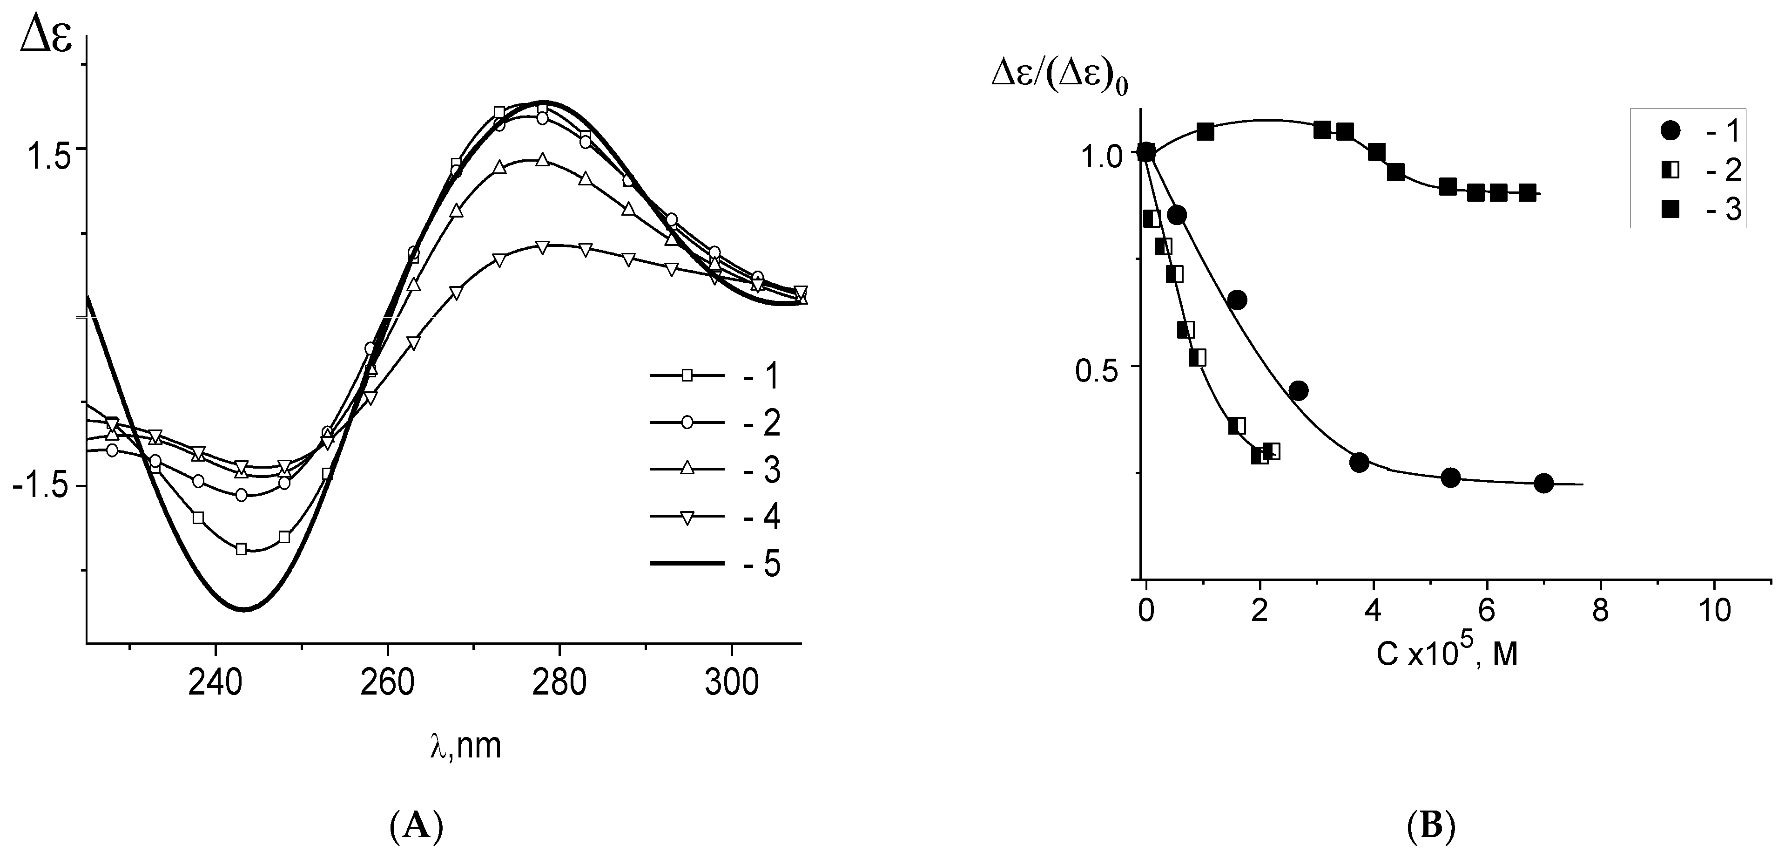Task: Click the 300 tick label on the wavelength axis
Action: pos(731,683)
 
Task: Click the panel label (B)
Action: pos(1432,826)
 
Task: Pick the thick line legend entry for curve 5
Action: pos(686,564)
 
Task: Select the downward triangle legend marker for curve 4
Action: pos(687,517)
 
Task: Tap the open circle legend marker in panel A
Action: pos(687,423)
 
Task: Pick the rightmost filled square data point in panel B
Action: pos(1527,193)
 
